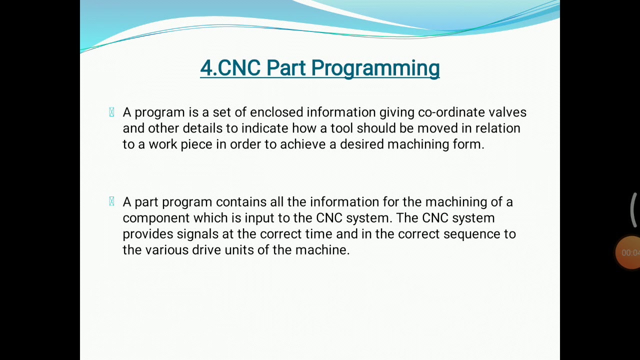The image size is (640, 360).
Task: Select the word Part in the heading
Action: tap(285, 68)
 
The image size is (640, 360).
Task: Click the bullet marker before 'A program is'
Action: tap(111, 112)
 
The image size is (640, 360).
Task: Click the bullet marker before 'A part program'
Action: tap(111, 201)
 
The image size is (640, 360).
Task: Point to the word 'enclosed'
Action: tap(276, 112)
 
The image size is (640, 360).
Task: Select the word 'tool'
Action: tap(341, 128)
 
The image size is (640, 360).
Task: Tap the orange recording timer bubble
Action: tap(629, 252)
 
